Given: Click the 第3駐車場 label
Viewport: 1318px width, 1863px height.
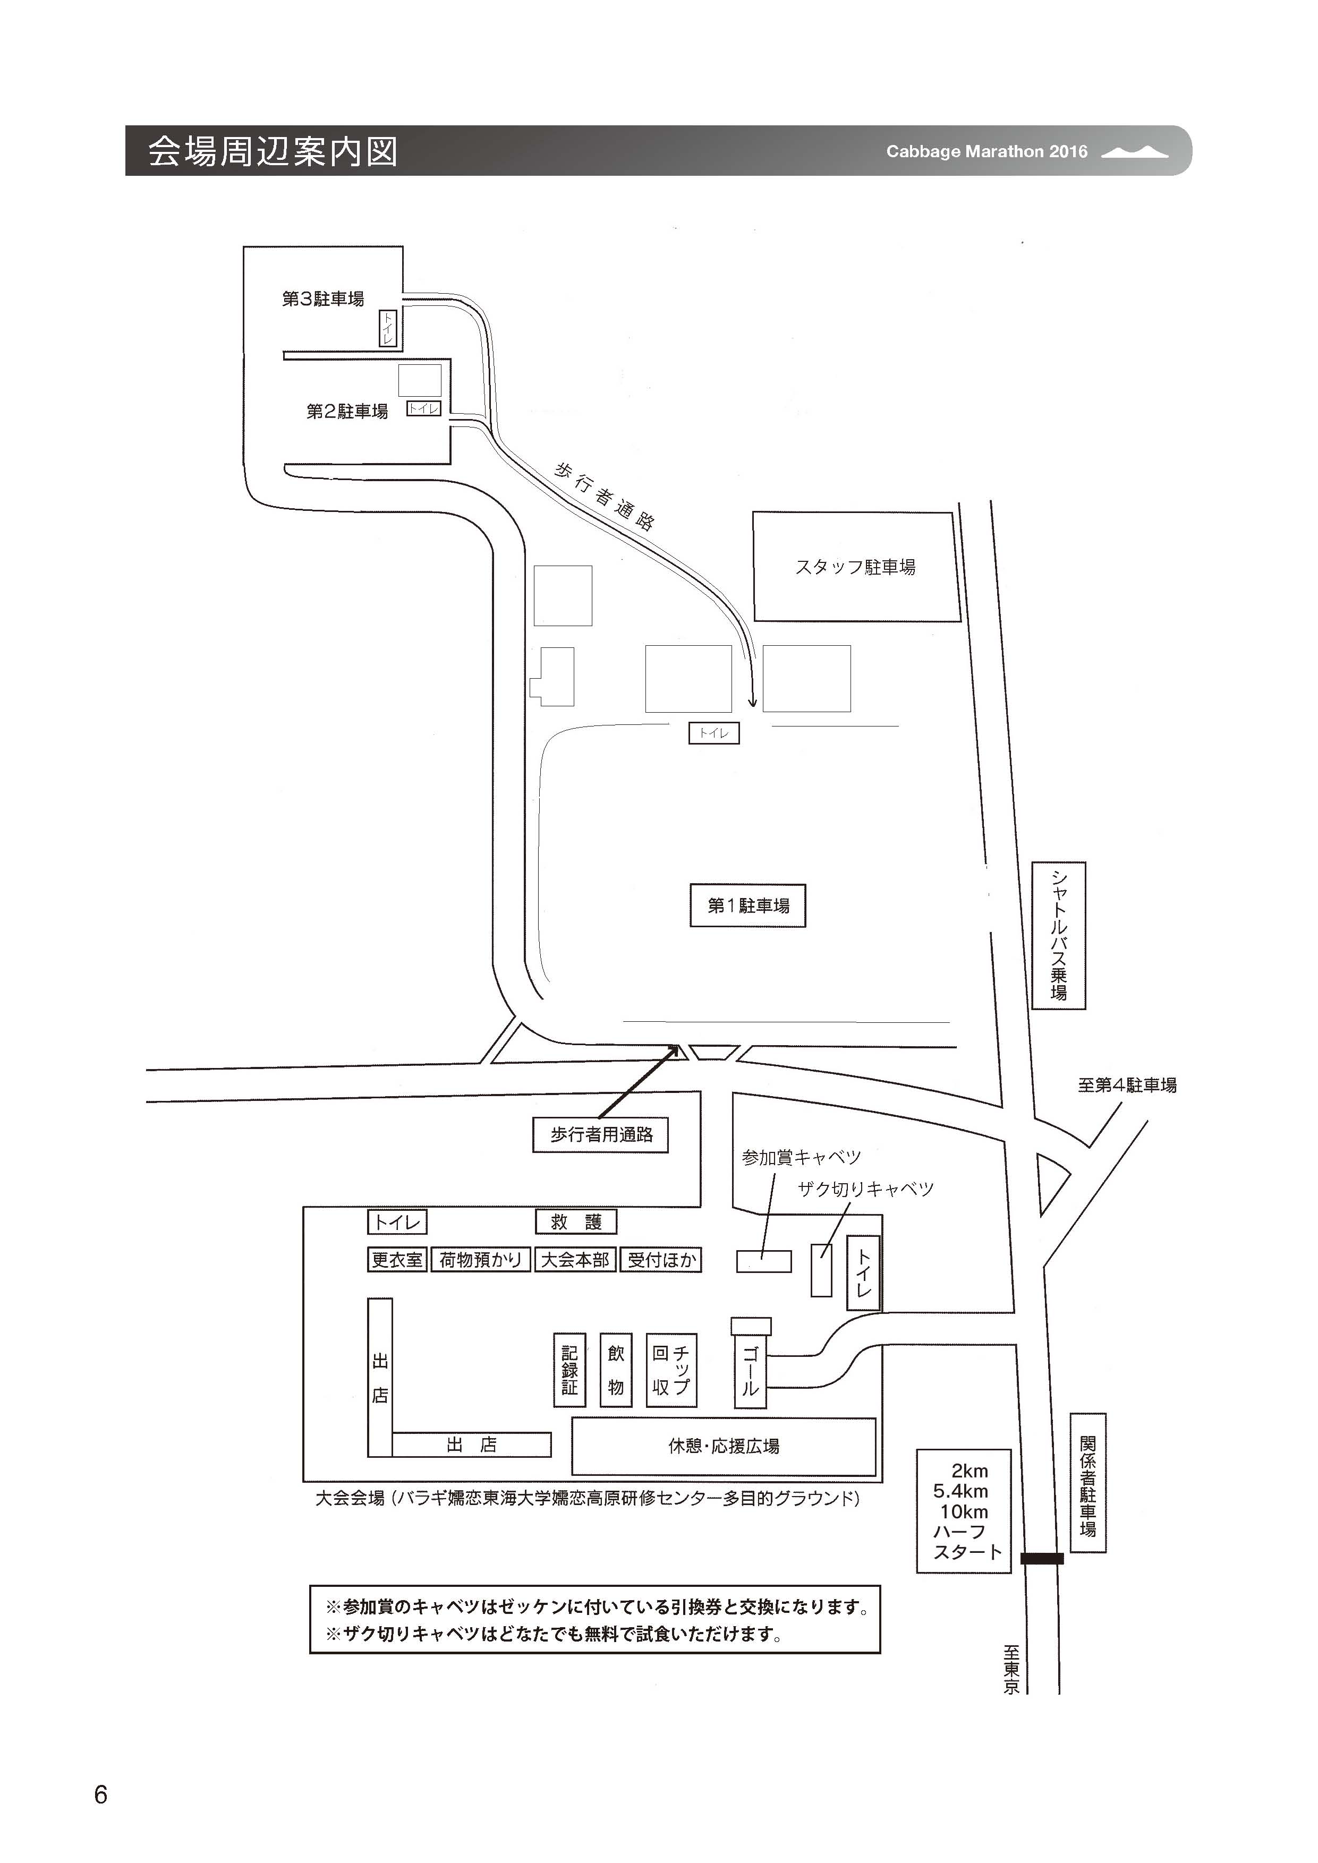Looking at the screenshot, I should [x=322, y=298].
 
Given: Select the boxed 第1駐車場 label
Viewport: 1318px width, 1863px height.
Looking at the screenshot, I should [x=747, y=905].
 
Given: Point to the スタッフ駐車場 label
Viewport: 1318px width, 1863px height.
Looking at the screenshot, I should [x=855, y=567].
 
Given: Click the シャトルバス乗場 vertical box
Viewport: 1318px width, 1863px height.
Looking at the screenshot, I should [x=1058, y=936].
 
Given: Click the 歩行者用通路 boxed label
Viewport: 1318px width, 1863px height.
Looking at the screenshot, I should [x=601, y=1134].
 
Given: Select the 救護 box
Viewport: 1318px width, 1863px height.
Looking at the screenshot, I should [x=575, y=1222].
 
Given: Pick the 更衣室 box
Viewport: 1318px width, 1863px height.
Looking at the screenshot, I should [x=397, y=1260].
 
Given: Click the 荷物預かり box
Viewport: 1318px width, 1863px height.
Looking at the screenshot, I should [x=480, y=1260].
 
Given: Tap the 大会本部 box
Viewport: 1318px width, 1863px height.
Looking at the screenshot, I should [x=575, y=1260].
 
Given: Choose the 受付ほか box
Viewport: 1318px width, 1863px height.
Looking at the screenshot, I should [x=661, y=1260].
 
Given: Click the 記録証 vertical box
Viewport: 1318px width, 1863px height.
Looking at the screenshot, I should [x=569, y=1370].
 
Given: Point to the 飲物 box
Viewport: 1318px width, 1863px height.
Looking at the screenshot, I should [x=615, y=1370].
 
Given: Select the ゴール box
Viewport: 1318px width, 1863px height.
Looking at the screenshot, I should [x=750, y=1371].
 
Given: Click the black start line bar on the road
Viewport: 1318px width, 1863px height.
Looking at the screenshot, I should [x=1041, y=1558].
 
